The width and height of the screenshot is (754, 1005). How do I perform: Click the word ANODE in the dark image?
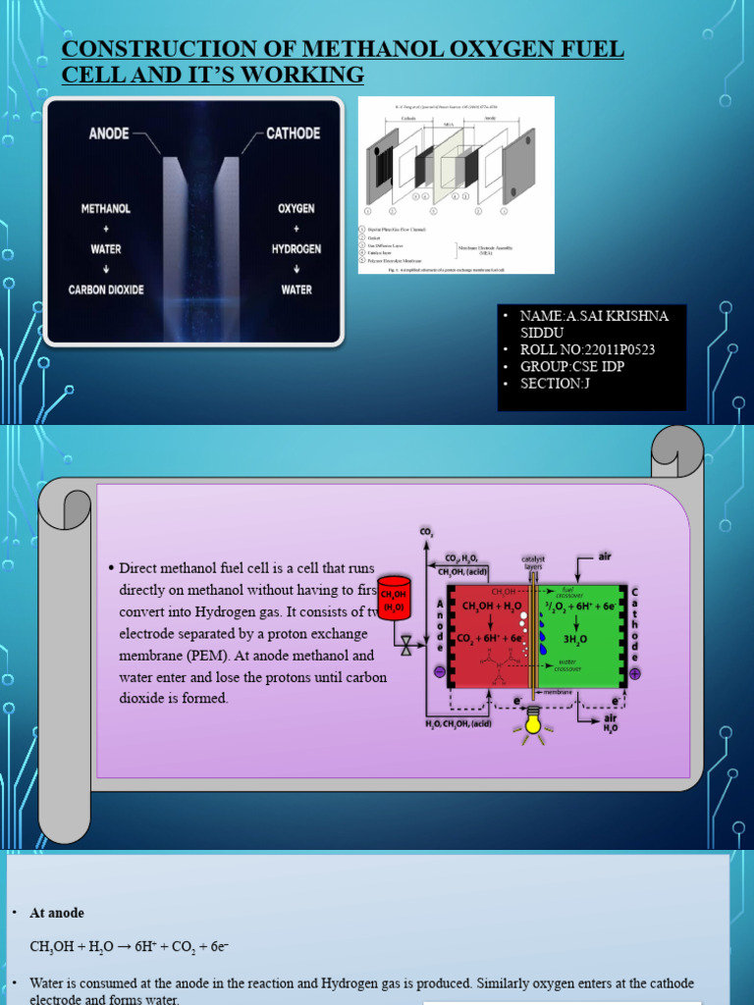click(x=109, y=132)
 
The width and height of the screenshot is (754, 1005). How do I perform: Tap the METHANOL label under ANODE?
click(x=106, y=209)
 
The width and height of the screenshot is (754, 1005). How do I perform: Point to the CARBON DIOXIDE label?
click(x=106, y=290)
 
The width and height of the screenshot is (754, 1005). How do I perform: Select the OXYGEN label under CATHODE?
click(x=296, y=209)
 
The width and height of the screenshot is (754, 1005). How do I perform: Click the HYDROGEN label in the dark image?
click(x=296, y=249)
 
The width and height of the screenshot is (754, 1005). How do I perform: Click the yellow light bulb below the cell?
click(x=534, y=721)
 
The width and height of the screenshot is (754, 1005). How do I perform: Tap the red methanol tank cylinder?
click(x=394, y=600)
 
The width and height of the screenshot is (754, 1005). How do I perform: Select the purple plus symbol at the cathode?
click(x=634, y=673)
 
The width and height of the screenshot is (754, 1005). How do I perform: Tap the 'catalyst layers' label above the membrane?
click(x=534, y=563)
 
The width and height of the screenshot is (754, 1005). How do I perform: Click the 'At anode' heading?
click(x=57, y=913)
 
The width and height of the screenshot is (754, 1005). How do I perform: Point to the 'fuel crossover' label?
click(x=565, y=592)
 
